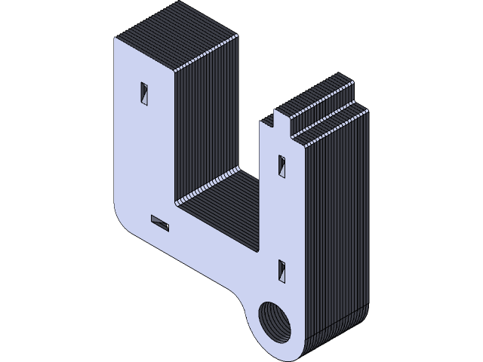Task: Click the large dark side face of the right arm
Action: point(336,226)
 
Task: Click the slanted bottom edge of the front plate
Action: point(196,264)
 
